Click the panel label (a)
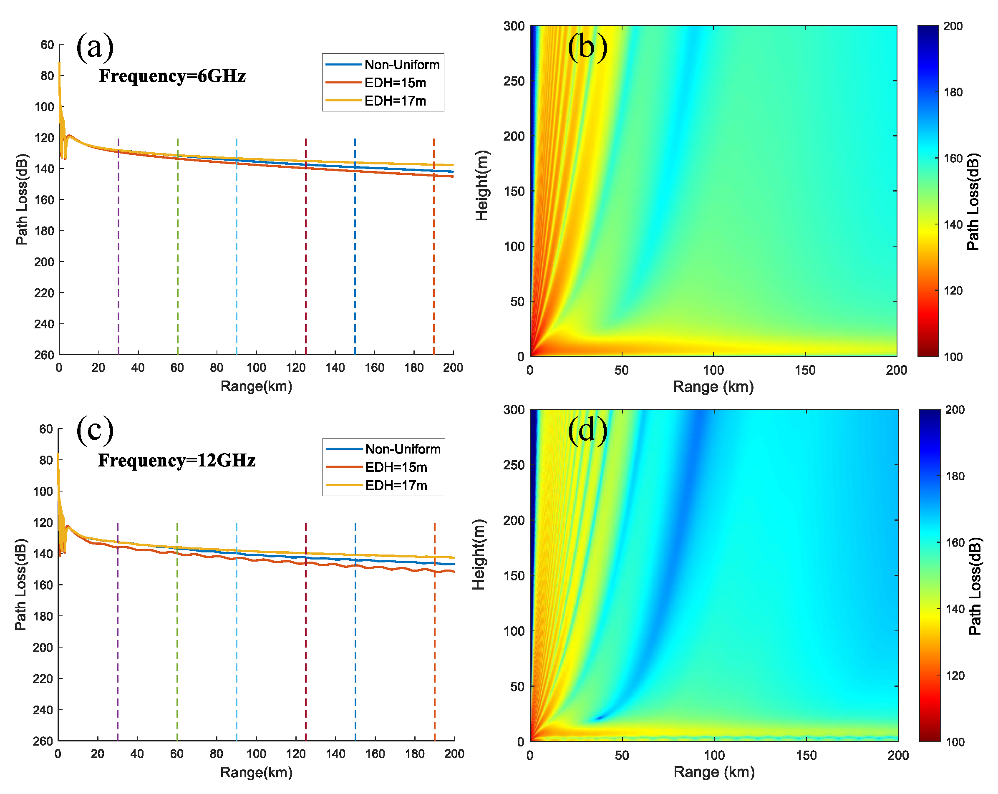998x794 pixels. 94,47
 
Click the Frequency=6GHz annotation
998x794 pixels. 172,76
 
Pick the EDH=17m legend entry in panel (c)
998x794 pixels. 396,485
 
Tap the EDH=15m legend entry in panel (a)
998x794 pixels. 395,83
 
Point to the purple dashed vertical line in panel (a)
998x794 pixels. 118,245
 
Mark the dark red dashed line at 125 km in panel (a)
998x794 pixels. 305,245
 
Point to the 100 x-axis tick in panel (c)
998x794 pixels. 256,754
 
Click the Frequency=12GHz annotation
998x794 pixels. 176,460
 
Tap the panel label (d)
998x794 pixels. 587,431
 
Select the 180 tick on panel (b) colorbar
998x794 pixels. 953,92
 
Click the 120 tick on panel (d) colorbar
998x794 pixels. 955,676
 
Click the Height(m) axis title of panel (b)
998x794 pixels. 482,185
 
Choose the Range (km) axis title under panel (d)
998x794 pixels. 714,772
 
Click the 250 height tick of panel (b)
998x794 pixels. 514,81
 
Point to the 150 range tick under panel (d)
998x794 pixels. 806,755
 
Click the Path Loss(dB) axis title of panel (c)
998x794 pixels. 21,584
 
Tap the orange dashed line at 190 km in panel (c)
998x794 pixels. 434,648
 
